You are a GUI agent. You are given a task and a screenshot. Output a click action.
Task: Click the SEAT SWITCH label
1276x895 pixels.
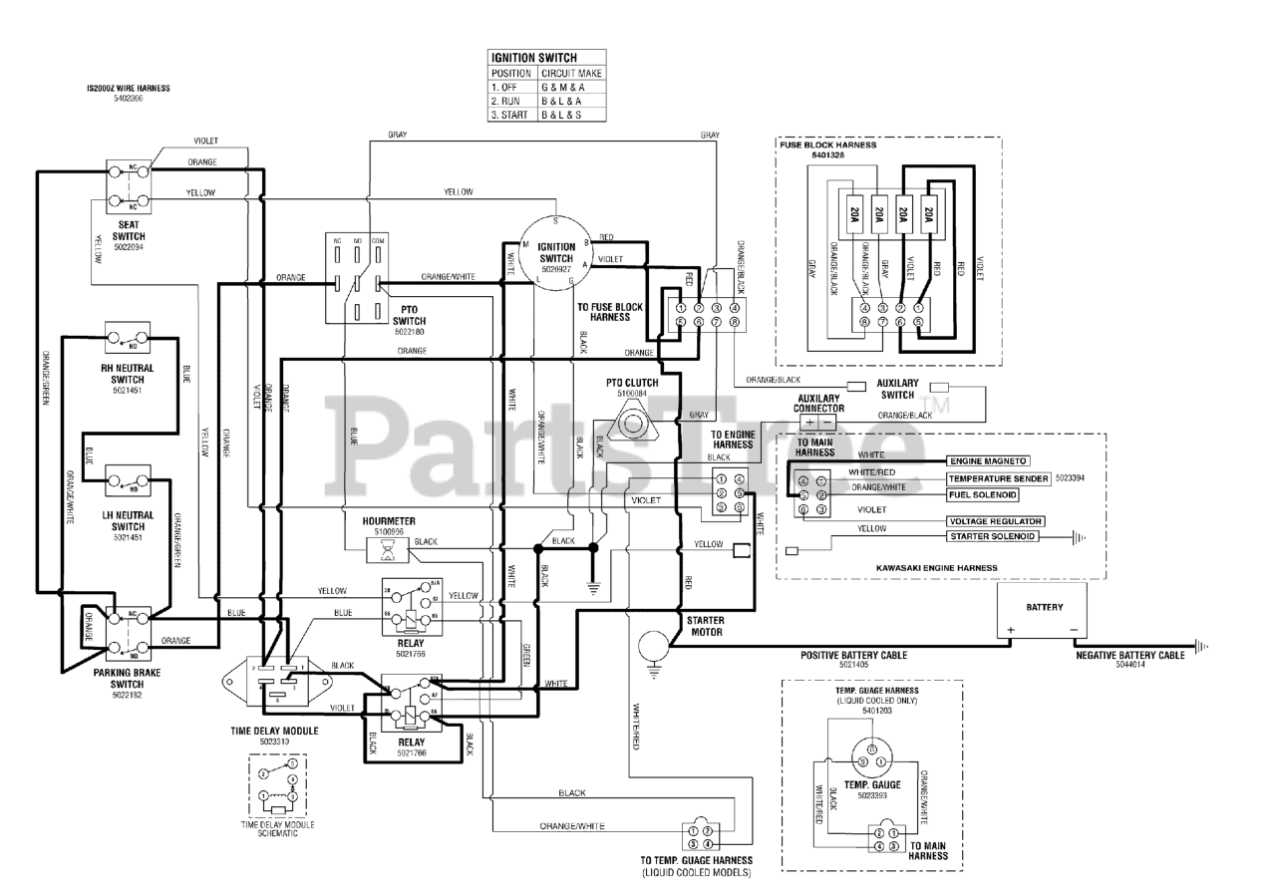point(129,231)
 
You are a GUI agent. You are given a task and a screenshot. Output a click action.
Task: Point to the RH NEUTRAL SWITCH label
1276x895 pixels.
point(128,374)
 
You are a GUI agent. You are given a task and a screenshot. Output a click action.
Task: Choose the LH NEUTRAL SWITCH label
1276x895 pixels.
point(128,520)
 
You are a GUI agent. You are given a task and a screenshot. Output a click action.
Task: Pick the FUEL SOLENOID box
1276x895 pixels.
point(982,495)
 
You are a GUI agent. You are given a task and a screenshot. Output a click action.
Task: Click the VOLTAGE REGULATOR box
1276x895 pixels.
point(994,521)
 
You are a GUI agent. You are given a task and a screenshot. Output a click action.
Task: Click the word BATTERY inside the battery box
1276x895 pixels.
point(1044,607)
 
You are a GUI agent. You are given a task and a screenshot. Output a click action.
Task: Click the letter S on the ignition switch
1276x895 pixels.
point(555,220)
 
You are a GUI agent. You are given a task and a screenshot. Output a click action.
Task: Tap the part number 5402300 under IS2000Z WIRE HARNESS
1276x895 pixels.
point(128,98)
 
